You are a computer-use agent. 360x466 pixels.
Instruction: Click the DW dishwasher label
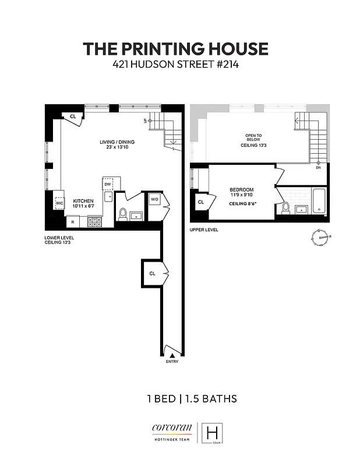(108, 185)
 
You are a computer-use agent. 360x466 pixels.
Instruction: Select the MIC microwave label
(59, 203)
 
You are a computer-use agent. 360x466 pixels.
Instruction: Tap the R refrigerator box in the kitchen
(73, 221)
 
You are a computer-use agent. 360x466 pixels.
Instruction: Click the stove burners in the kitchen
(94, 221)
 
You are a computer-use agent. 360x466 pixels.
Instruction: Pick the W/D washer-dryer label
(154, 200)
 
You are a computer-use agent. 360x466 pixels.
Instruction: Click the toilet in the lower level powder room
(122, 214)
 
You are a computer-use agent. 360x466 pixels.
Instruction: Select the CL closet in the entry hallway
(151, 273)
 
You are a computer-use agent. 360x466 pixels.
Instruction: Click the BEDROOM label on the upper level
(241, 190)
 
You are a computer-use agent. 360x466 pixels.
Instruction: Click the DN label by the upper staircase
(318, 168)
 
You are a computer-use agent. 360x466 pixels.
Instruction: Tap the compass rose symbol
(320, 237)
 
